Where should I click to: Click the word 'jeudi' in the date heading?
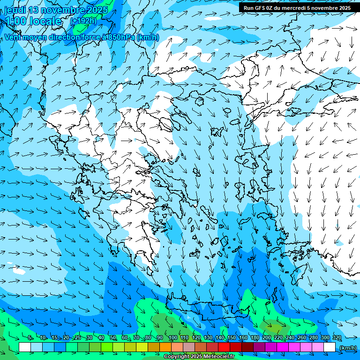click(15, 10)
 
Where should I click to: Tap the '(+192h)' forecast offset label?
click(83, 21)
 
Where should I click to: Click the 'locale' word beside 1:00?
click(45, 21)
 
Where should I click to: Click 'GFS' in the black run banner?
click(260, 8)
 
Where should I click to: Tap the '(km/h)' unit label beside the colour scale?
click(348, 348)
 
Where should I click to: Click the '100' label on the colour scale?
click(172, 337)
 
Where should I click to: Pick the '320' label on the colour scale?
click(337, 337)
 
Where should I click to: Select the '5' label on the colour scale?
click(30, 337)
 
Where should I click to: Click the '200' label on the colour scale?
click(266, 337)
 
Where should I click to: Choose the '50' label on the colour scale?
click(113, 337)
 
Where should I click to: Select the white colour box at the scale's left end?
click(25, 347)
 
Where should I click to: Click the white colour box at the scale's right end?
click(330, 347)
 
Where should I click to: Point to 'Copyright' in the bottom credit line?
click(177, 357)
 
